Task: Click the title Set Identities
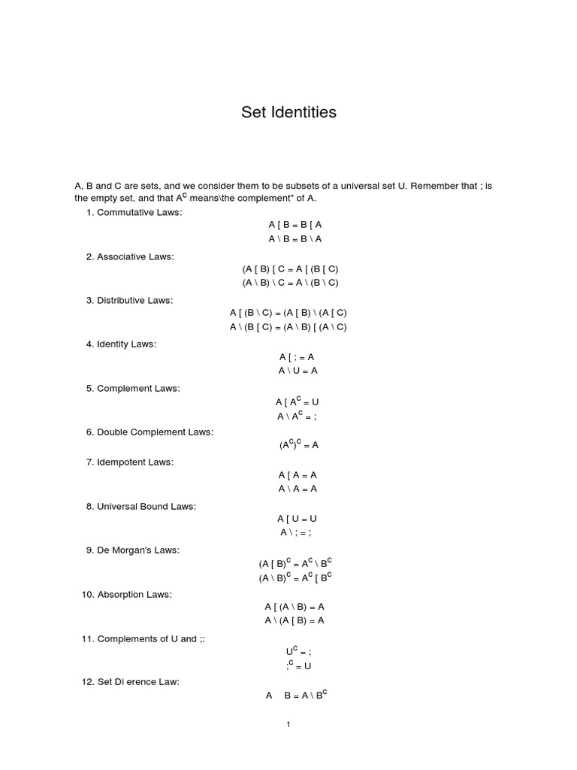click(288, 113)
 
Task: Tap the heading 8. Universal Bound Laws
click(140, 506)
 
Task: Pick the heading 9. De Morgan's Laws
click(132, 550)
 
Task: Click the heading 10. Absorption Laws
click(126, 594)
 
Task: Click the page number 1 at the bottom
click(288, 725)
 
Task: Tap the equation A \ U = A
click(298, 371)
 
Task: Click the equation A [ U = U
click(298, 518)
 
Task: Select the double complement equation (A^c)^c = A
click(299, 444)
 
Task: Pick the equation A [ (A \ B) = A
click(295, 606)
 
